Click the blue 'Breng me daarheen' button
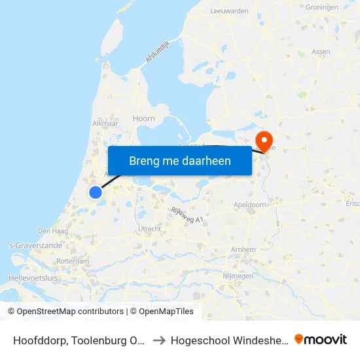(180, 160)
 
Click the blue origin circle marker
(96, 192)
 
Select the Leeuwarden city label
(229, 11)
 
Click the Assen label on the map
(321, 51)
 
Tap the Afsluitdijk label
(158, 52)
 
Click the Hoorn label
(144, 118)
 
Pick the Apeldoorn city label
(250, 205)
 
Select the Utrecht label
(150, 228)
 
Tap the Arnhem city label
(243, 250)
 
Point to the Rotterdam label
(73, 261)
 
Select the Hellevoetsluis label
(33, 278)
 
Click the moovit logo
(321, 339)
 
